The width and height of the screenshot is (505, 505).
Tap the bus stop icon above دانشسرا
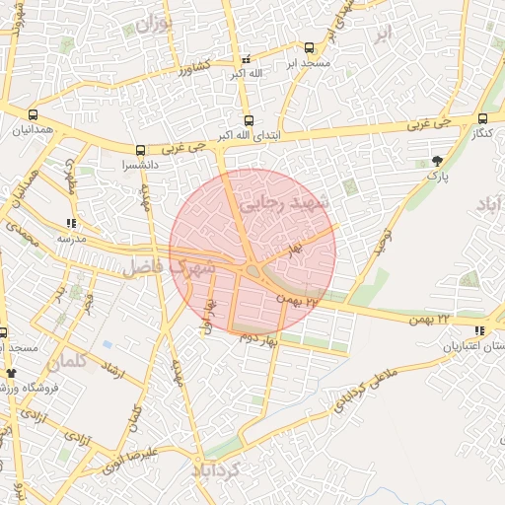(x=140, y=150)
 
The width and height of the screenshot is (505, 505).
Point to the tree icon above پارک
(x=437, y=160)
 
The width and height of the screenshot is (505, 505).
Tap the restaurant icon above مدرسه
(x=70, y=223)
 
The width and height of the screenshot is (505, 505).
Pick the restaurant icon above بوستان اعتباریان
(x=479, y=330)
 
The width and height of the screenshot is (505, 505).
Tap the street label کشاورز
(x=193, y=69)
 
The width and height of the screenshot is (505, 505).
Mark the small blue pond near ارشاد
(x=106, y=345)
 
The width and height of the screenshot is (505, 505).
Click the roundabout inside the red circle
(x=252, y=269)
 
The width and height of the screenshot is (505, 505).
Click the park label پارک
(x=437, y=176)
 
